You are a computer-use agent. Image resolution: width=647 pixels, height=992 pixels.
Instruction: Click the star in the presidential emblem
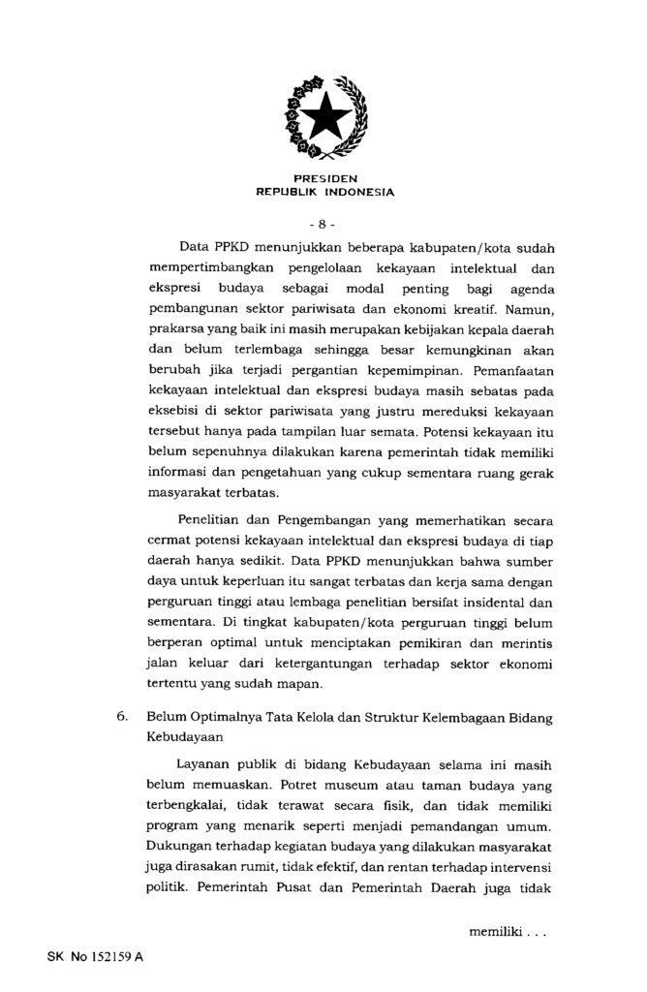(x=324, y=119)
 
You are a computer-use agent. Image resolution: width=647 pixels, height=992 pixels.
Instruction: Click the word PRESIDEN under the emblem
(x=324, y=179)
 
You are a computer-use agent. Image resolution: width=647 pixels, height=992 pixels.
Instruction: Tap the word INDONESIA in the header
(x=359, y=192)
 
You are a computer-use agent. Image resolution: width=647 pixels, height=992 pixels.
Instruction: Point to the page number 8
(x=324, y=224)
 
